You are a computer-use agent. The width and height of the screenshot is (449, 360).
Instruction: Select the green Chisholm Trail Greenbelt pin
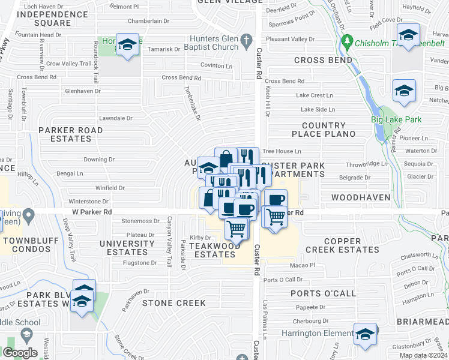pos(346,42)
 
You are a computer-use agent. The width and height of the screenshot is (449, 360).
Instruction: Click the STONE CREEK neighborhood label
pos(174,303)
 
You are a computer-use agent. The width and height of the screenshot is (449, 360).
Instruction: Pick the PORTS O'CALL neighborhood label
pos(320,293)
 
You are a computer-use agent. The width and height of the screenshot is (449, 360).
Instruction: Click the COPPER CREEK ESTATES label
pos(342,245)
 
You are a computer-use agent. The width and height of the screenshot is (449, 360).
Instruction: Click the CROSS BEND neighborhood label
pos(323,61)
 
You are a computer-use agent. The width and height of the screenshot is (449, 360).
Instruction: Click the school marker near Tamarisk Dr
pos(127,45)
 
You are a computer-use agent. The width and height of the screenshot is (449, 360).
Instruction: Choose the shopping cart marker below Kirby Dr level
pos(237,227)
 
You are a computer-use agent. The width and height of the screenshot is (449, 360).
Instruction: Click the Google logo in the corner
pos(20,353)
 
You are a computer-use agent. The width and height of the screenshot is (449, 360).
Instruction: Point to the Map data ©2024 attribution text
pos(423,355)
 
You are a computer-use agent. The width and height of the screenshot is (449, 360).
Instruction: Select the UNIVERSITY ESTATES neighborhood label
pos(127,248)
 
